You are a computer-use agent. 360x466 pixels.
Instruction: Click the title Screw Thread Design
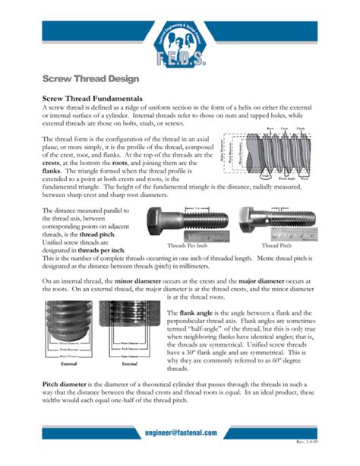click(x=81, y=78)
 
